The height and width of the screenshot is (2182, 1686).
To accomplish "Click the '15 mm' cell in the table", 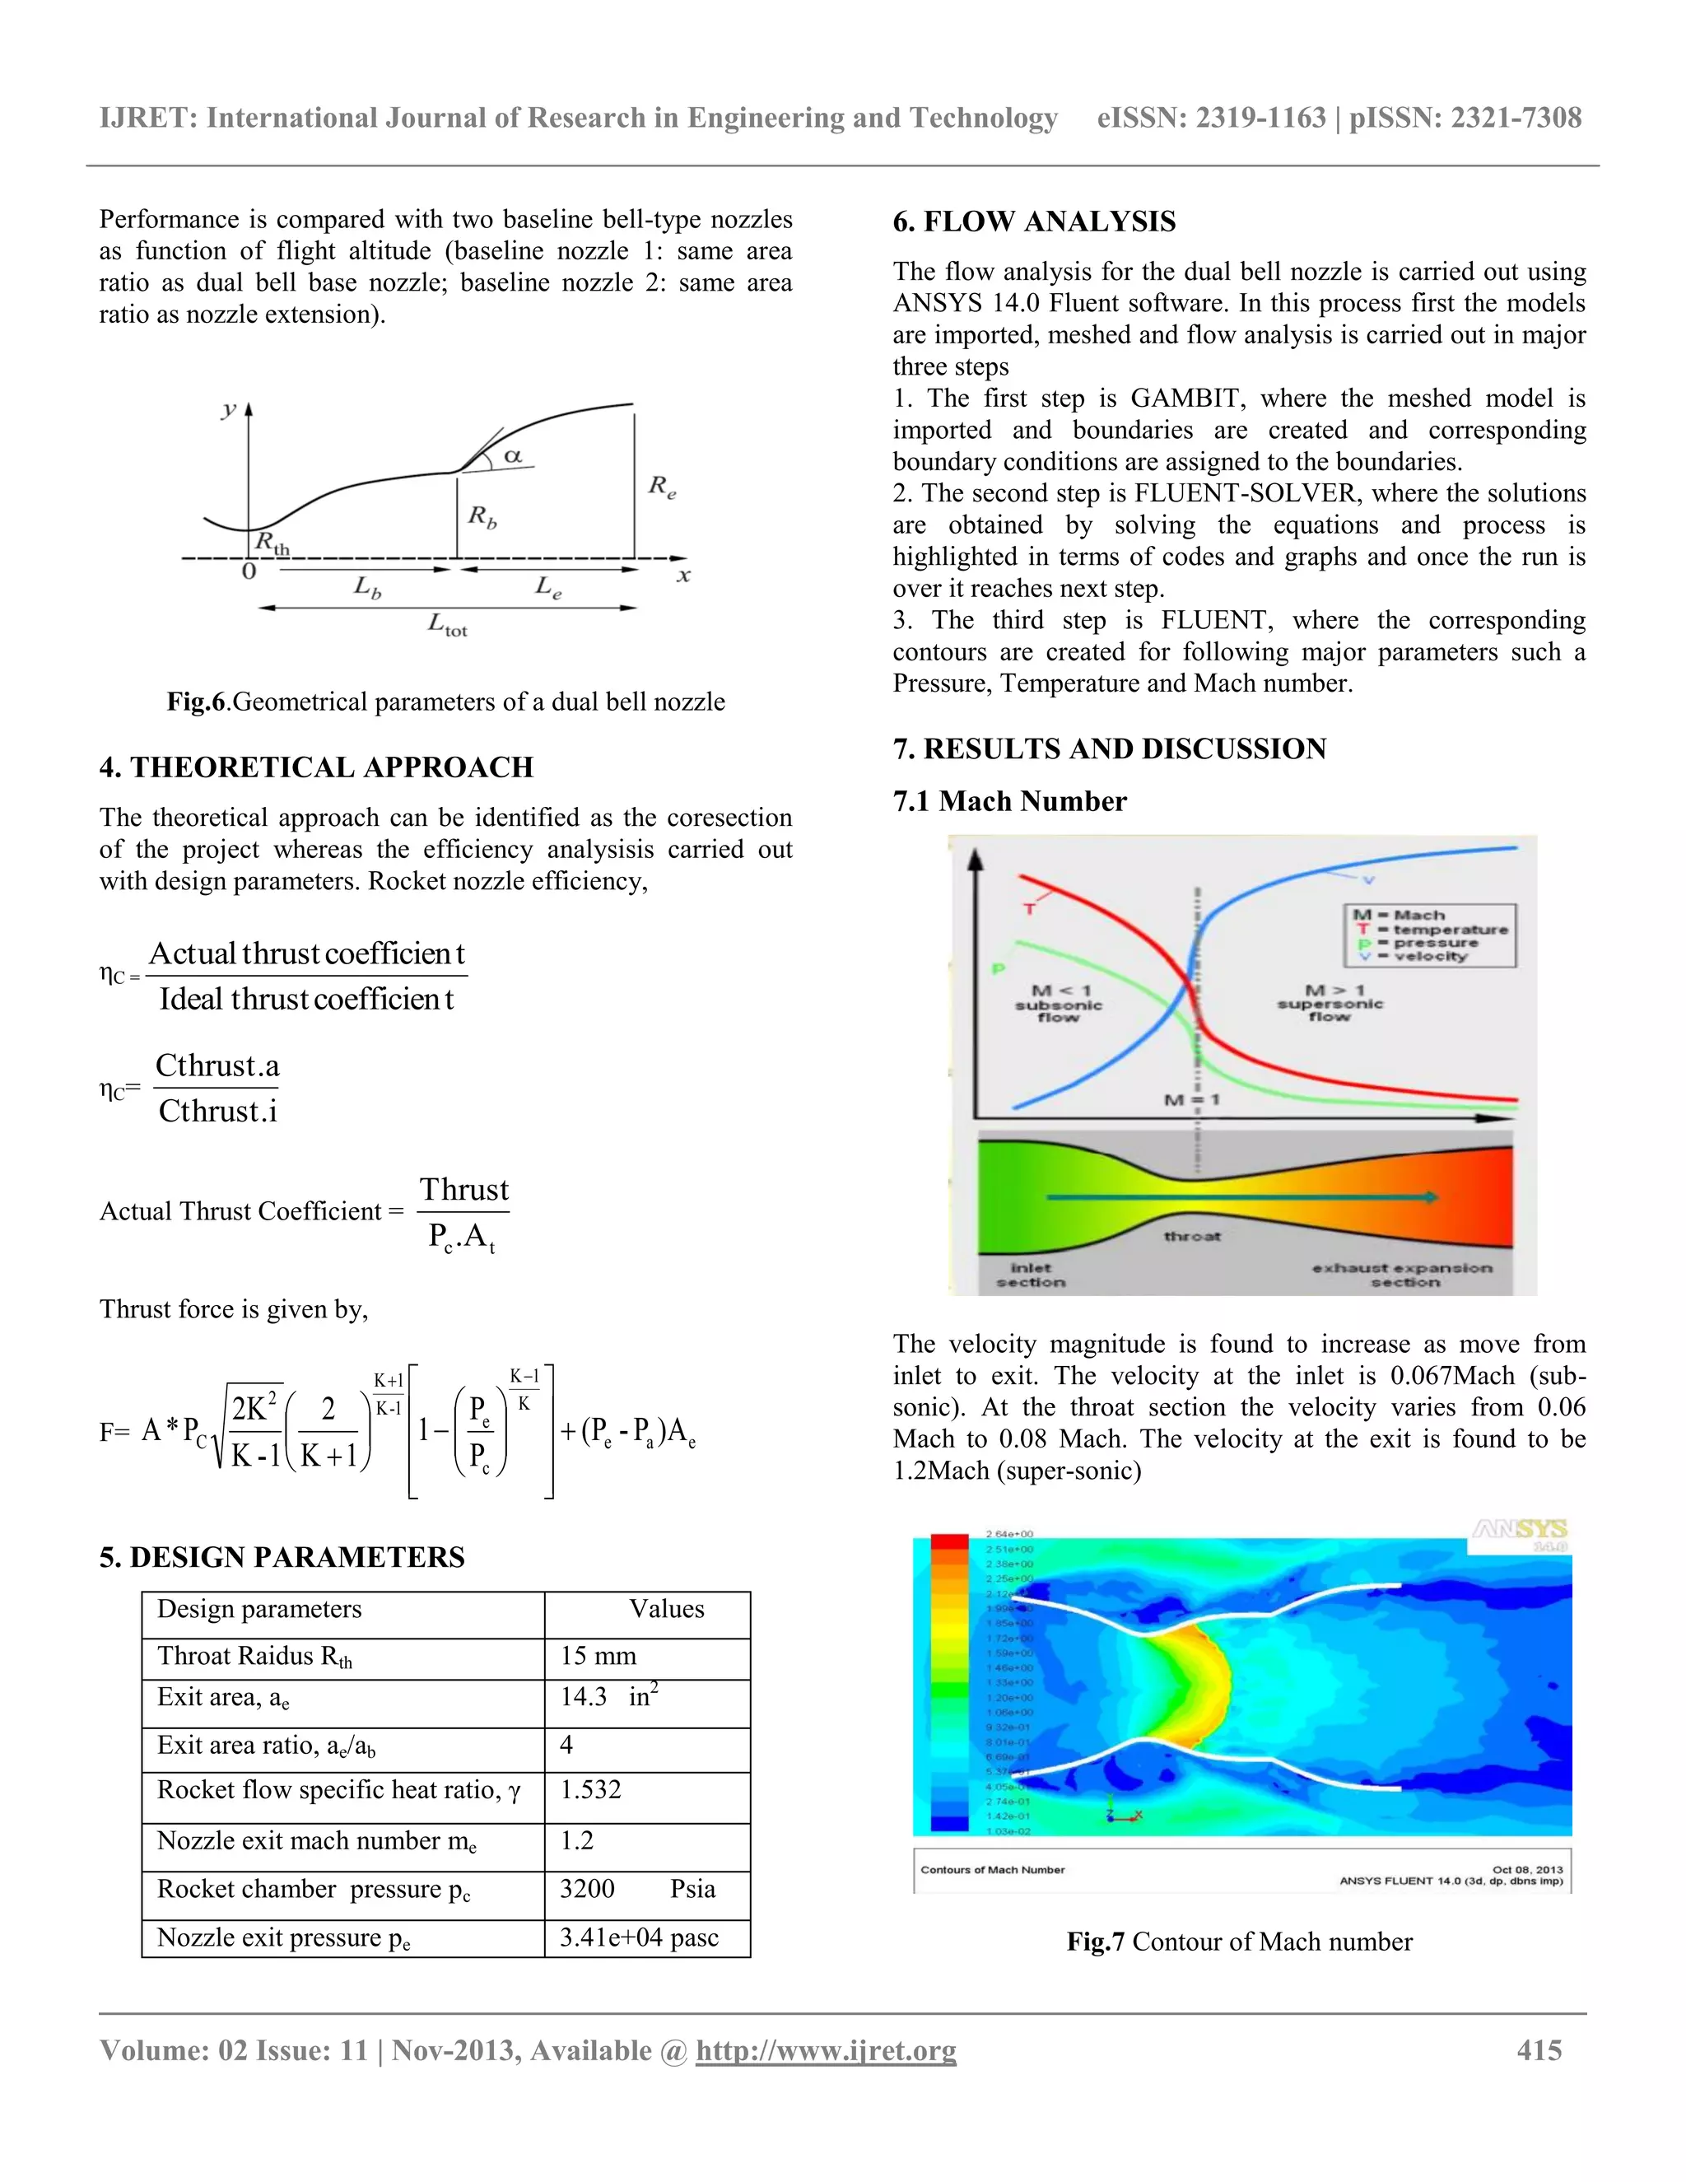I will click(598, 1656).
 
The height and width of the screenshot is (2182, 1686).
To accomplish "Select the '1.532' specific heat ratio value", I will click(590, 1789).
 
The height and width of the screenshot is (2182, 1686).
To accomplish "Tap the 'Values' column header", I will click(666, 1609).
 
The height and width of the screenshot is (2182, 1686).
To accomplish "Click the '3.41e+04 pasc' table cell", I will click(638, 1937).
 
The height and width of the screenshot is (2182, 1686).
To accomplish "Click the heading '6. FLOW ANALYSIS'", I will click(1034, 221).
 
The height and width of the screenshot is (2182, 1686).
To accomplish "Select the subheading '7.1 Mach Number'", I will click(1008, 801).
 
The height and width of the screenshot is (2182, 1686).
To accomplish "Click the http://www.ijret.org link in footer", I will click(825, 2050).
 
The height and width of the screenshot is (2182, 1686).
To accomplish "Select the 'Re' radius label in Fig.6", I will click(661, 487).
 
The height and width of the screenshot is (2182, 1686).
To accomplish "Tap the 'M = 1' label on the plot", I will click(1190, 1099).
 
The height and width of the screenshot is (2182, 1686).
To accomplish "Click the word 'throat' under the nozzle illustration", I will click(1191, 1236).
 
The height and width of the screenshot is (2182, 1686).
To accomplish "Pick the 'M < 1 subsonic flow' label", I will click(1058, 1003).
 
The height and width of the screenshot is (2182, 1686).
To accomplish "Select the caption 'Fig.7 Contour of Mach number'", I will click(1238, 1942).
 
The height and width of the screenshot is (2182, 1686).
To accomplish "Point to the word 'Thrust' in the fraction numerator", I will click(463, 1189).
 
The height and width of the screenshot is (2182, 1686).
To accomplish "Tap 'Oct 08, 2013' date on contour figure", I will click(1526, 1868).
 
